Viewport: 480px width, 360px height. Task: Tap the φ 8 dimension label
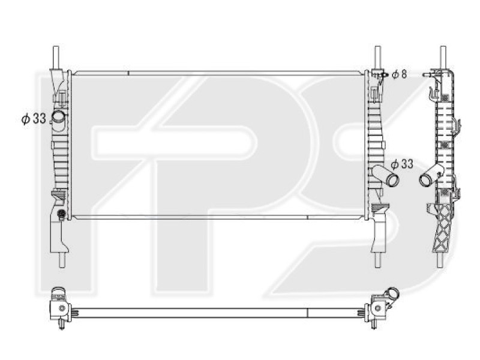coord(399,74)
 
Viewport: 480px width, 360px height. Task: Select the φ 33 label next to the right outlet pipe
coord(402,164)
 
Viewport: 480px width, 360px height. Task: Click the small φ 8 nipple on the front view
coord(380,74)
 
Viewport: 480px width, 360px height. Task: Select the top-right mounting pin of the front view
coord(377,56)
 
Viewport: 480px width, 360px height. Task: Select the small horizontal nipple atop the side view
coord(427,75)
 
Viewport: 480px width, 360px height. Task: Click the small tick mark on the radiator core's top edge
coord(128,74)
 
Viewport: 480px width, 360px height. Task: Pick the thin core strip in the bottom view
coord(216,312)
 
